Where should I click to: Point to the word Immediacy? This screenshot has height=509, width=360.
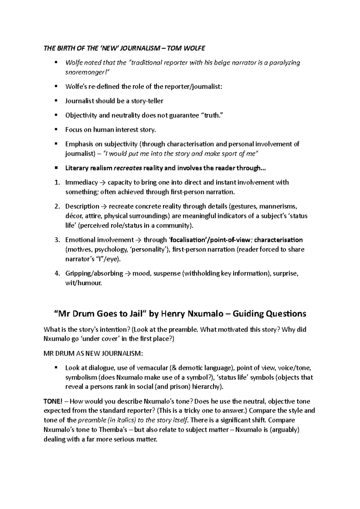82,183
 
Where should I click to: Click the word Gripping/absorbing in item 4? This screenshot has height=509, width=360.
94,274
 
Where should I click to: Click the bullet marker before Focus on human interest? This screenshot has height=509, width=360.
56,130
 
